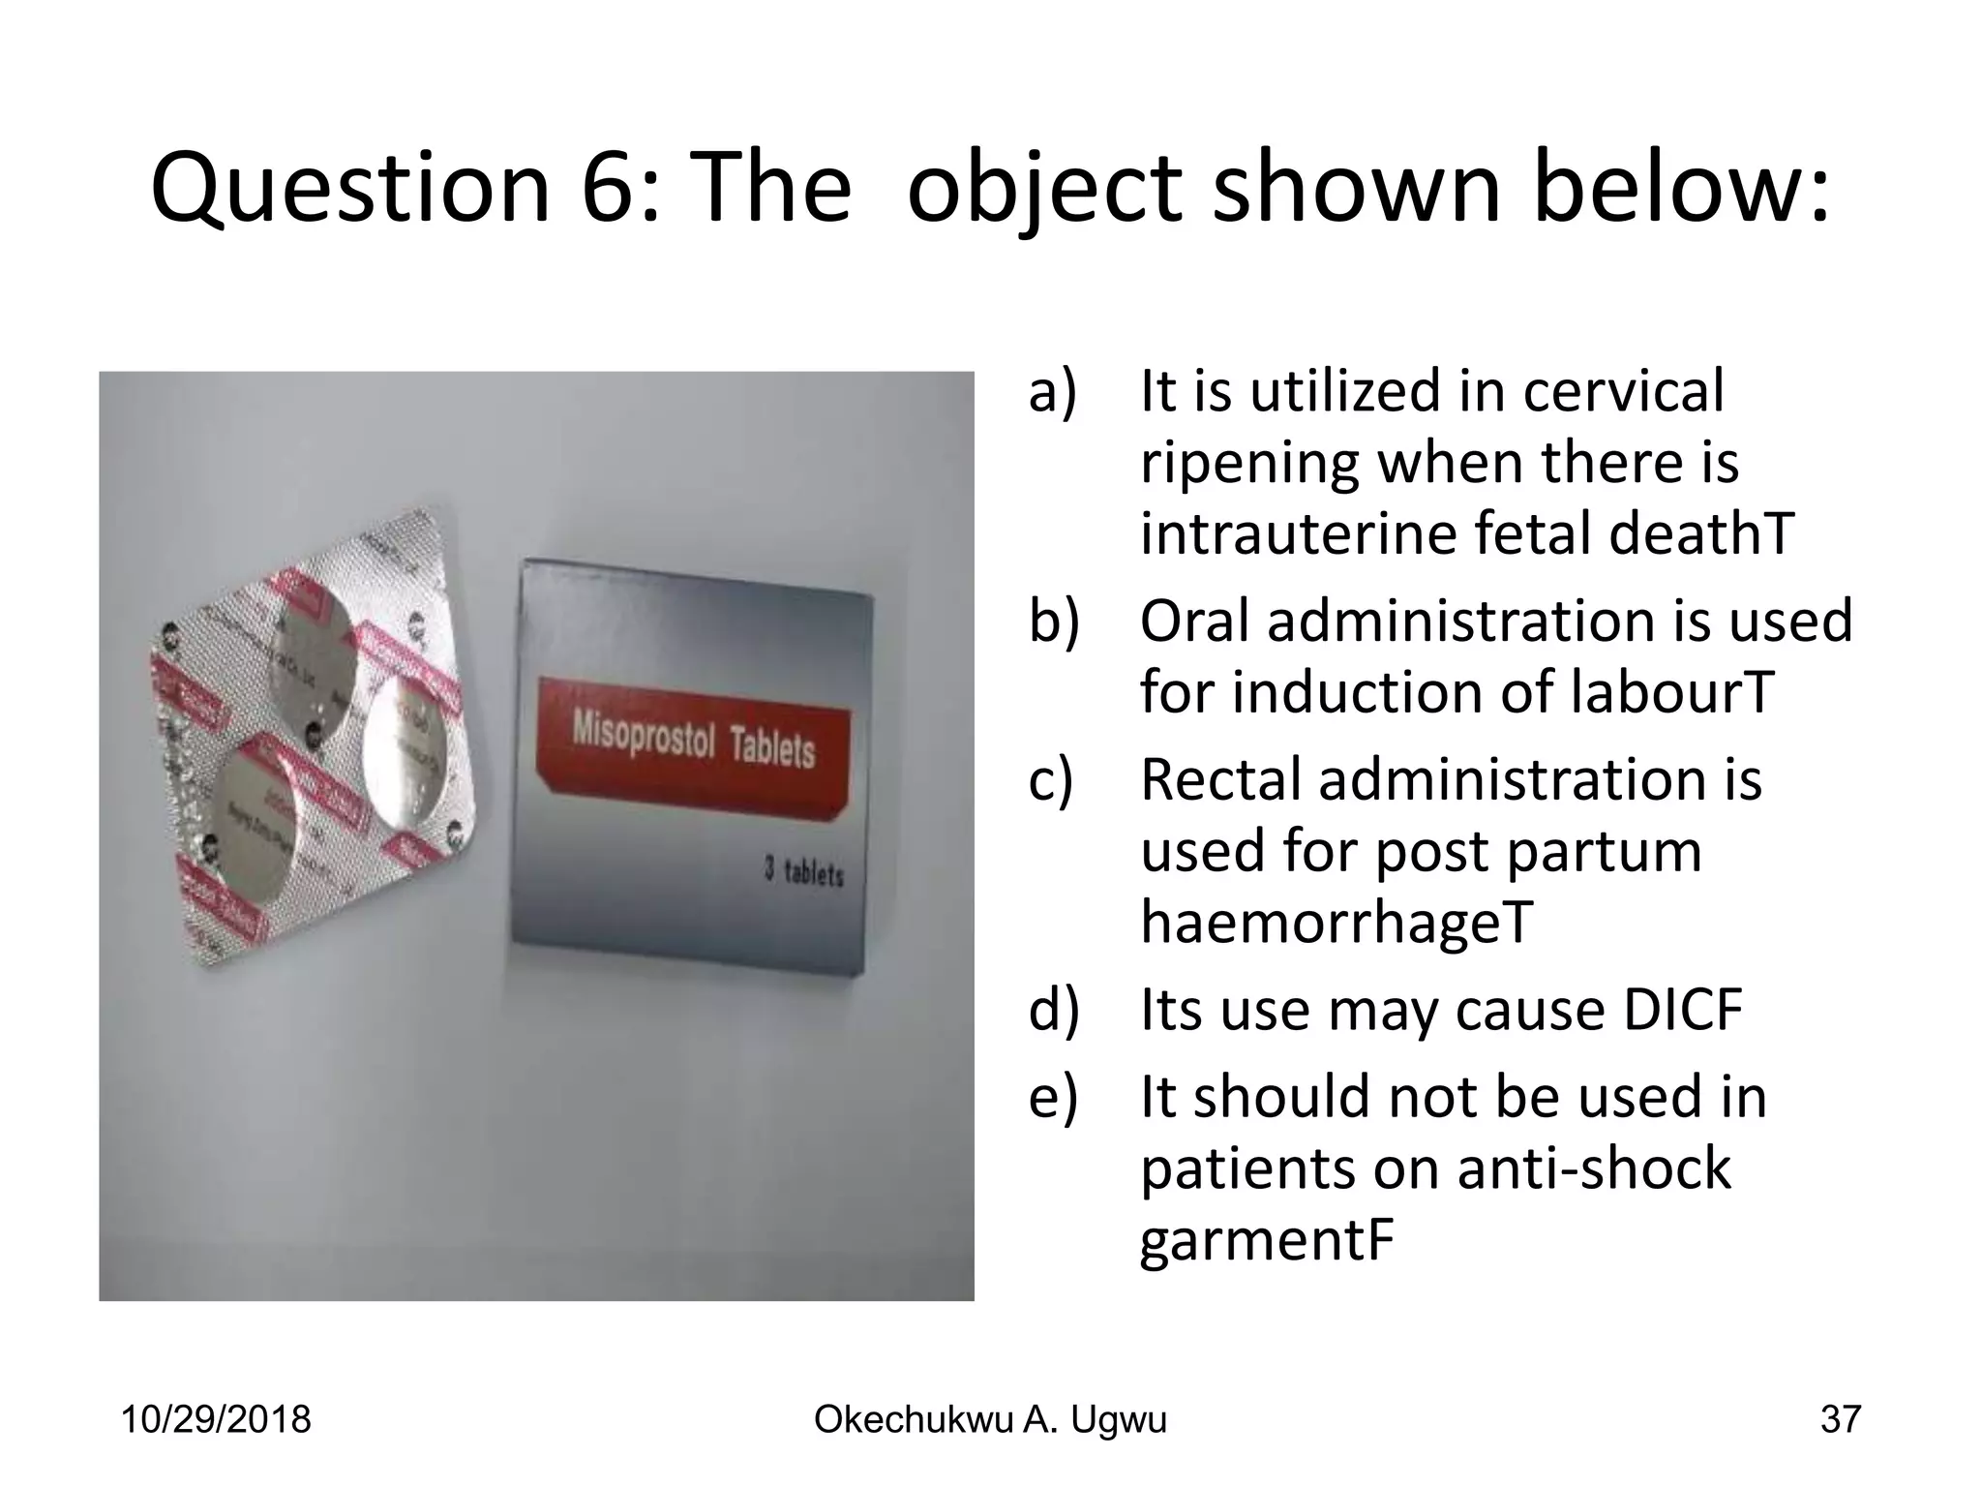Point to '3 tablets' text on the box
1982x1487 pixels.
pos(803,872)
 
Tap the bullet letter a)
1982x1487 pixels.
pos(1053,392)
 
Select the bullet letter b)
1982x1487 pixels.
pos(1054,621)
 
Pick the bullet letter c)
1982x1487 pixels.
pos(1052,779)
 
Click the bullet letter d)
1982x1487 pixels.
pos(1054,1010)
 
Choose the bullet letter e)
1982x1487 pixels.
pos(1053,1097)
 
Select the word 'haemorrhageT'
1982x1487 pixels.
pos(1336,923)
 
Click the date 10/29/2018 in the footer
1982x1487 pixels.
pos(215,1420)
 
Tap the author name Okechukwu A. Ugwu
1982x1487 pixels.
pos(990,1420)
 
